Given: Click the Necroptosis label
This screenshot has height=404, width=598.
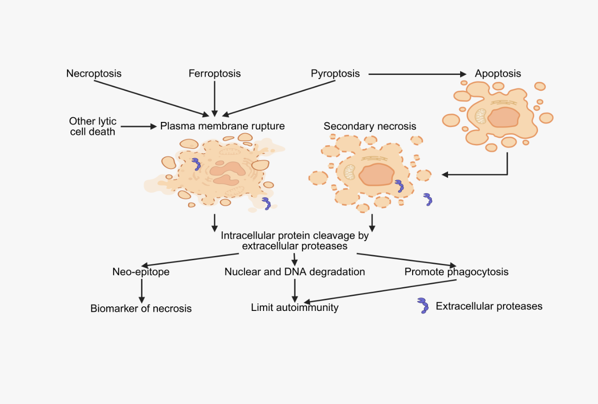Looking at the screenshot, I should tap(94, 74).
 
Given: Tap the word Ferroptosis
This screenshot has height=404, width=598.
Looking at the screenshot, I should tap(214, 74).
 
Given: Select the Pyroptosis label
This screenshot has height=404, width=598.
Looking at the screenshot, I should tap(335, 74).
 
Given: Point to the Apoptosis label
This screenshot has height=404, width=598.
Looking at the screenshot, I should tap(497, 74).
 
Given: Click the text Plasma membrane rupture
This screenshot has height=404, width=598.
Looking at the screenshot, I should tap(222, 126).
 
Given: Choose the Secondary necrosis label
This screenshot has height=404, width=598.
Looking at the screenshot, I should tap(370, 126).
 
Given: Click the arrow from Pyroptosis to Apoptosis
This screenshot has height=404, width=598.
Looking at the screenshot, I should tap(417, 74).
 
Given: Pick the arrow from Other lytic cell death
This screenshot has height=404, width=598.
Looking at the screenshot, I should tap(139, 126).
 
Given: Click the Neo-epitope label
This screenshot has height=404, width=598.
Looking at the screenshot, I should tap(141, 272).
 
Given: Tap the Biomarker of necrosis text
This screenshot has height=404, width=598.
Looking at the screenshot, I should tap(141, 308).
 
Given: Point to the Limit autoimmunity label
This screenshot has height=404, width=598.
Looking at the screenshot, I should tap(294, 307).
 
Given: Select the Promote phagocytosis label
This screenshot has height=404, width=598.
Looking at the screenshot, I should tap(456, 272).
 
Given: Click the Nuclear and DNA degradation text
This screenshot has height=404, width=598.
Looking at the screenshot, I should tap(294, 272).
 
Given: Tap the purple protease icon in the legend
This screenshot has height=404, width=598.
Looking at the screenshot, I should tap(423, 305).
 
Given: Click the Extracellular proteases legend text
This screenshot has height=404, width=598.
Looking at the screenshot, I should tap(489, 306).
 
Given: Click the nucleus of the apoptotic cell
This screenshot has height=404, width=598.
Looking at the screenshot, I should tap(503, 117).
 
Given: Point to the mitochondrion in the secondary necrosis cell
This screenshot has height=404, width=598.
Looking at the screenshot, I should tap(349, 172).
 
